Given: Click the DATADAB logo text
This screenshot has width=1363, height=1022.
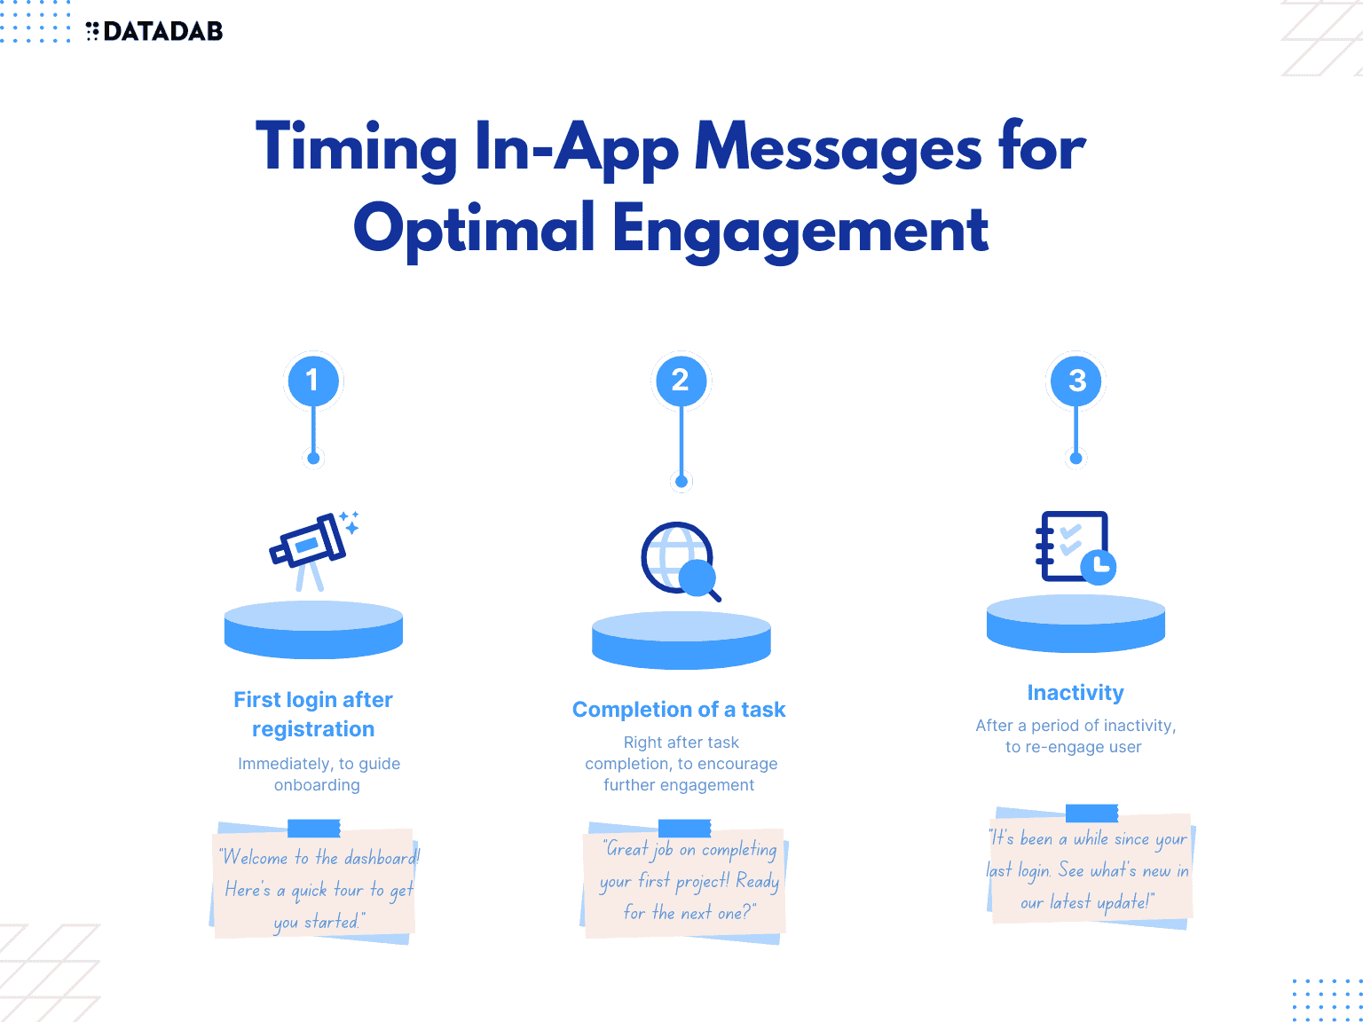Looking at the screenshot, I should [162, 32].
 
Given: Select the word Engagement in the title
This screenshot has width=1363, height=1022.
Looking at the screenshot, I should [800, 229].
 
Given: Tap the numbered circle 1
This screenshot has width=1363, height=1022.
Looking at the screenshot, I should [312, 381].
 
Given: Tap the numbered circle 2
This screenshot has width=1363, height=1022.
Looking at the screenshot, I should [681, 381].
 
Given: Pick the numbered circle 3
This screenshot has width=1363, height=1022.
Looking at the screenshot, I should [1076, 381].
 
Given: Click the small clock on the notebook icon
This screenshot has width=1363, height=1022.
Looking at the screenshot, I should [1099, 565].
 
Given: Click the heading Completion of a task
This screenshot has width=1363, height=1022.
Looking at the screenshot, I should [679, 710].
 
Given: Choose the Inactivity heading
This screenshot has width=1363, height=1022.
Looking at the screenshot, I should [1075, 692].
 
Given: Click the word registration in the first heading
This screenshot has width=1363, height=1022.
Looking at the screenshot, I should [313, 729].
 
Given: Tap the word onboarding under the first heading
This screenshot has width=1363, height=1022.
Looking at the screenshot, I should [317, 785].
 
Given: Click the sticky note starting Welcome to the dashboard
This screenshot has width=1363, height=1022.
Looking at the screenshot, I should [315, 887].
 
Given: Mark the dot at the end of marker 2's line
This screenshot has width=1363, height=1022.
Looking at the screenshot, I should [681, 482].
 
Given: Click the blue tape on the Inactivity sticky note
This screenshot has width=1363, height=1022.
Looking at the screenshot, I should [1091, 814].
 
